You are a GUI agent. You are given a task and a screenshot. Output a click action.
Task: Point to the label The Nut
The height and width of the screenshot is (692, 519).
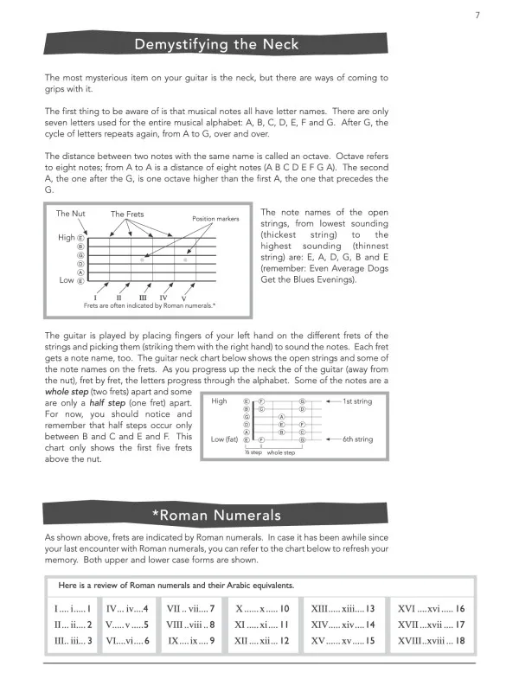pyautogui.click(x=70, y=214)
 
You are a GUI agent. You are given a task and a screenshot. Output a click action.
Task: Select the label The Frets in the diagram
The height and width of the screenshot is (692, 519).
pyautogui.click(x=129, y=214)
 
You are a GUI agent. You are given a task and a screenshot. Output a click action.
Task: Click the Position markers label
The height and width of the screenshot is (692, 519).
pyautogui.click(x=215, y=219)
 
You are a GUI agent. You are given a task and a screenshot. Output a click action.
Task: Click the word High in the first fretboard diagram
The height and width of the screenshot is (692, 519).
pyautogui.click(x=67, y=237)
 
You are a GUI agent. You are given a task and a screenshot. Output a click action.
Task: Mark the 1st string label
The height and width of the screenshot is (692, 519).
pyautogui.click(x=359, y=401)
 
